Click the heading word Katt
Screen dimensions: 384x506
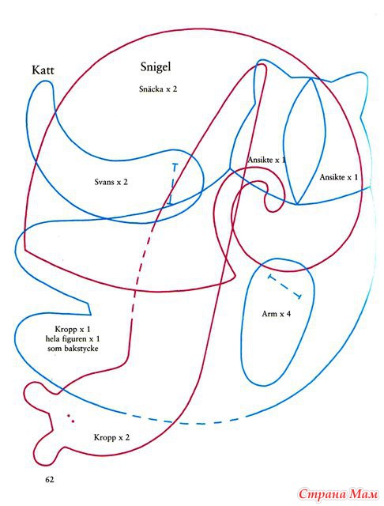43,70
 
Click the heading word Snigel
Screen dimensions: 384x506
156,66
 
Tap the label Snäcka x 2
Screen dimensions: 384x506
158,89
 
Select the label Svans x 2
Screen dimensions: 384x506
111,182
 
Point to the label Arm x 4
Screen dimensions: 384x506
277,314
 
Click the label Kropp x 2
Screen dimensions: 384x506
111,437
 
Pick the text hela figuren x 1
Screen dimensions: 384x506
73,339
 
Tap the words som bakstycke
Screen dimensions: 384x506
73,349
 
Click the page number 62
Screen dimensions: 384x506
50,479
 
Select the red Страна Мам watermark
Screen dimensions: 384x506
338,494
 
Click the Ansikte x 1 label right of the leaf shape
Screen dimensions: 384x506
338,177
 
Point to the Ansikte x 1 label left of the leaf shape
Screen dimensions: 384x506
266,160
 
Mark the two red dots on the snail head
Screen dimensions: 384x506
70,418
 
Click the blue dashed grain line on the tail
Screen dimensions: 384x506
173,184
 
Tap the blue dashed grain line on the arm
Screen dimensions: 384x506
285,286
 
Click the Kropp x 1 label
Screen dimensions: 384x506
73,330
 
